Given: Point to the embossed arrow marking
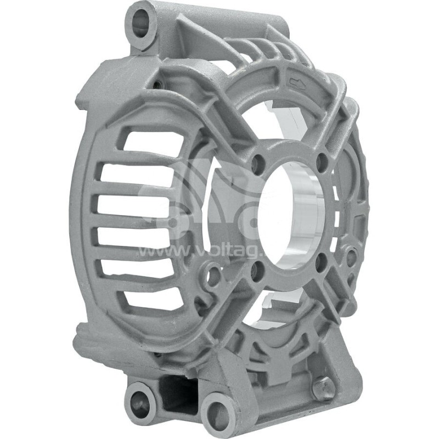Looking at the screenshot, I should click(296, 83).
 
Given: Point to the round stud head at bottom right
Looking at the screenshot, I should click(323, 387).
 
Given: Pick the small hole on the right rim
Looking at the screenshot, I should click(351, 256).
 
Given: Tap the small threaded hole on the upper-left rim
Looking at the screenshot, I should click(158, 85).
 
